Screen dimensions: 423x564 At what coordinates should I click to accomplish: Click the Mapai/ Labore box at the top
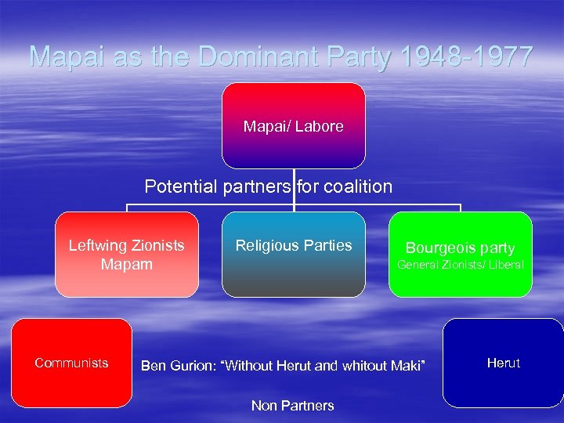[294, 126]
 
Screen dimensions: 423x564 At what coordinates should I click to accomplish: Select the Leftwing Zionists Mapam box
[127, 255]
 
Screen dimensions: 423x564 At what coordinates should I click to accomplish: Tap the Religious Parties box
[294, 255]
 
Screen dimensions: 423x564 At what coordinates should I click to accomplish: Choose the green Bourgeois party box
[460, 255]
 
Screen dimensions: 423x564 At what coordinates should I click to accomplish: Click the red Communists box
[71, 363]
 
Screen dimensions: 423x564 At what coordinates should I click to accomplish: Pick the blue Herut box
[503, 363]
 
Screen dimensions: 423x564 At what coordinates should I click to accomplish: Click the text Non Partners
[292, 405]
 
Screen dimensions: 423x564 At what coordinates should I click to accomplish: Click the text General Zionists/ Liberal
[460, 265]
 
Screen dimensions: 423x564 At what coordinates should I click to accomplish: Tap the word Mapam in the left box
[127, 264]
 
